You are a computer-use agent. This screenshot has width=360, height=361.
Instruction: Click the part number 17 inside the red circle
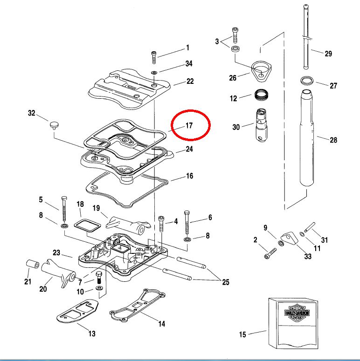click(189, 126)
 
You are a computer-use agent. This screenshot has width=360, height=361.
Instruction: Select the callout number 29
click(328, 54)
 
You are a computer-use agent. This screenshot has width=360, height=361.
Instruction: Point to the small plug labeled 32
click(54, 125)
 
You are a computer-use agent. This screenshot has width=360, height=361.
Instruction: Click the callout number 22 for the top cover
click(190, 81)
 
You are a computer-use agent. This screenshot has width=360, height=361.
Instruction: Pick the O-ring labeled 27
click(307, 80)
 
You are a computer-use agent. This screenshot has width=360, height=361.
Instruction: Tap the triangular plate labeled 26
click(261, 72)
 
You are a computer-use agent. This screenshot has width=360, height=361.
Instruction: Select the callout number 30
click(237, 127)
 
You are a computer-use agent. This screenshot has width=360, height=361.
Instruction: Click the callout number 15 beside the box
click(242, 334)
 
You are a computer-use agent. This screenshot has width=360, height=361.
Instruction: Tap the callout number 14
click(161, 324)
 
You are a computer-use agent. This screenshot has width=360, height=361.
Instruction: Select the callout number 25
click(226, 282)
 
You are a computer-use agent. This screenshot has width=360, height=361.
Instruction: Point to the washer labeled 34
click(154, 72)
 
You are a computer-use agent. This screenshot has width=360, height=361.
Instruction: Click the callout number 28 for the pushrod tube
click(333, 140)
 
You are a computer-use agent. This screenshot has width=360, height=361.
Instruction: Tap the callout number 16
click(189, 176)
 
